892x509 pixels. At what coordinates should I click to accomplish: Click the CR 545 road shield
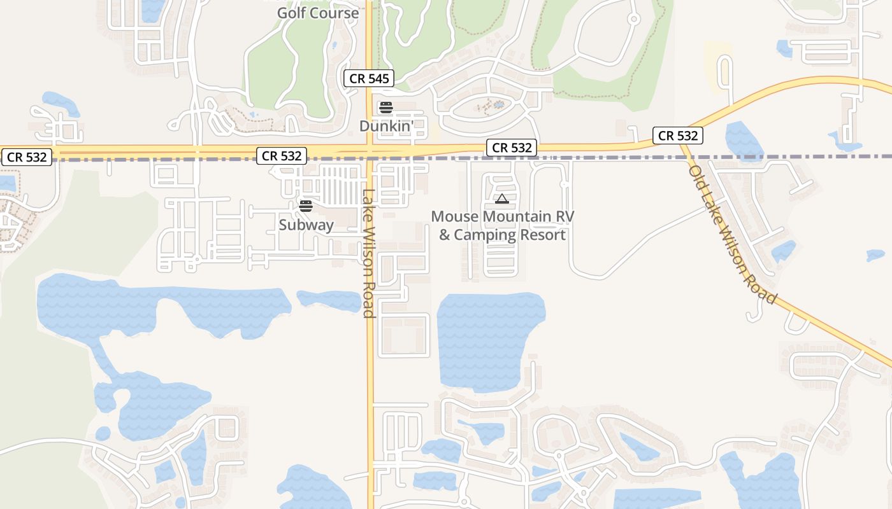(369, 79)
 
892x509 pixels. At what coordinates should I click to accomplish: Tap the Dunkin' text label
(391, 126)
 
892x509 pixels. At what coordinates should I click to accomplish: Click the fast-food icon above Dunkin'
(385, 107)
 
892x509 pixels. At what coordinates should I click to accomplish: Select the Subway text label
(306, 225)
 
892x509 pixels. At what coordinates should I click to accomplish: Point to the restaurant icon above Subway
(306, 206)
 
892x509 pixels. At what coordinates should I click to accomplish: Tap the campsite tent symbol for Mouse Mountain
(502, 199)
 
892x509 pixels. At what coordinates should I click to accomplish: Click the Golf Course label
(317, 13)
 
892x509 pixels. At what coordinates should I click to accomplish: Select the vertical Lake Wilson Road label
(368, 253)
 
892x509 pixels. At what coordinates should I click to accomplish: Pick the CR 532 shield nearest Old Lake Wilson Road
(677, 136)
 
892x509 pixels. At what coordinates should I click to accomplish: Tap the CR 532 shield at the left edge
(26, 157)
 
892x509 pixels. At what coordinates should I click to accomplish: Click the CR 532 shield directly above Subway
(282, 156)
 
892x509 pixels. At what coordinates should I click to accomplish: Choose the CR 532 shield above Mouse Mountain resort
(512, 148)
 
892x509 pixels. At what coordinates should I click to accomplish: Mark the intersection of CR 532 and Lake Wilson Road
(370, 152)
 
